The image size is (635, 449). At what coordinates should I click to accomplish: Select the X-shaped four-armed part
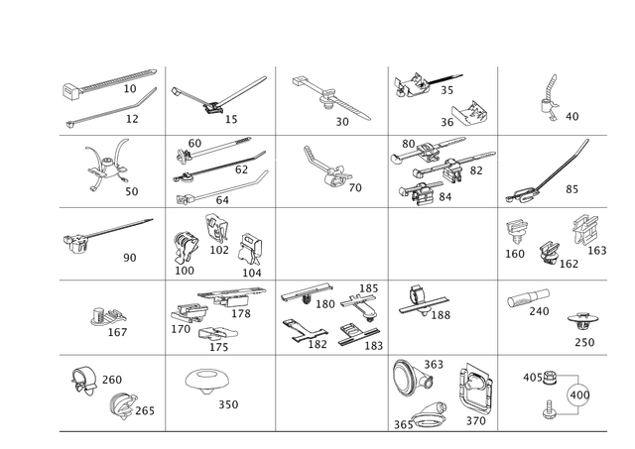(103, 165)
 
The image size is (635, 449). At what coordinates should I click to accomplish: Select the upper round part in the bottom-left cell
(83, 378)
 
